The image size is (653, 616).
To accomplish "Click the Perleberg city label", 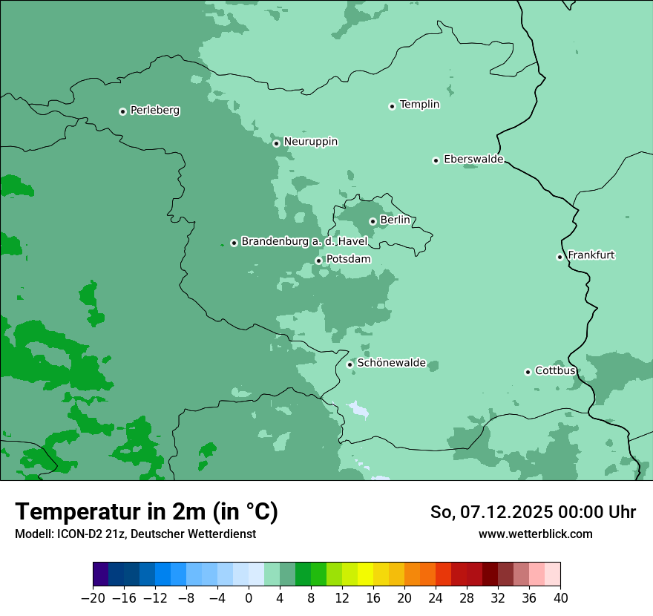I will point(154,111).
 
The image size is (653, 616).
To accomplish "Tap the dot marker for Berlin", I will point(373,221).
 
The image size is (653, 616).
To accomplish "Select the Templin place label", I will point(419,105).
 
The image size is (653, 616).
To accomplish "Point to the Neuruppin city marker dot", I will point(276,143).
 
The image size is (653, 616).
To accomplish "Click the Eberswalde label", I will point(473,160).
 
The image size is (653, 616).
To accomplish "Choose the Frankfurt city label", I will point(591,255).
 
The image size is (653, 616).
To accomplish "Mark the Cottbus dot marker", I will point(528,372).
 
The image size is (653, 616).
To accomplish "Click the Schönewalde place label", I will point(391,363).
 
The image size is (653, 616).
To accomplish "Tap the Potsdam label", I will point(348,259).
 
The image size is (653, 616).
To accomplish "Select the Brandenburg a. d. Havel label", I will point(304,241).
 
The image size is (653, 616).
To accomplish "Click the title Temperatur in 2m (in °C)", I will point(147,511).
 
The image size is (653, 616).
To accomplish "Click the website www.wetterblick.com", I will point(535,534).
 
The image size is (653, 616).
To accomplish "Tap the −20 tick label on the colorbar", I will point(93,597).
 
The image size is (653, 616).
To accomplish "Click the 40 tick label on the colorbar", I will point(560,597).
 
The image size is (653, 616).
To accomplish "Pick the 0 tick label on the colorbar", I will point(249,597).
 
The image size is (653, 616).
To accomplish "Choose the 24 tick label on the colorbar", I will point(436,597).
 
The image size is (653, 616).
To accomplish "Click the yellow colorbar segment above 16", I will point(365,574).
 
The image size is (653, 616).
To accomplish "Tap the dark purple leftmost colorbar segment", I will point(101,574).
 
